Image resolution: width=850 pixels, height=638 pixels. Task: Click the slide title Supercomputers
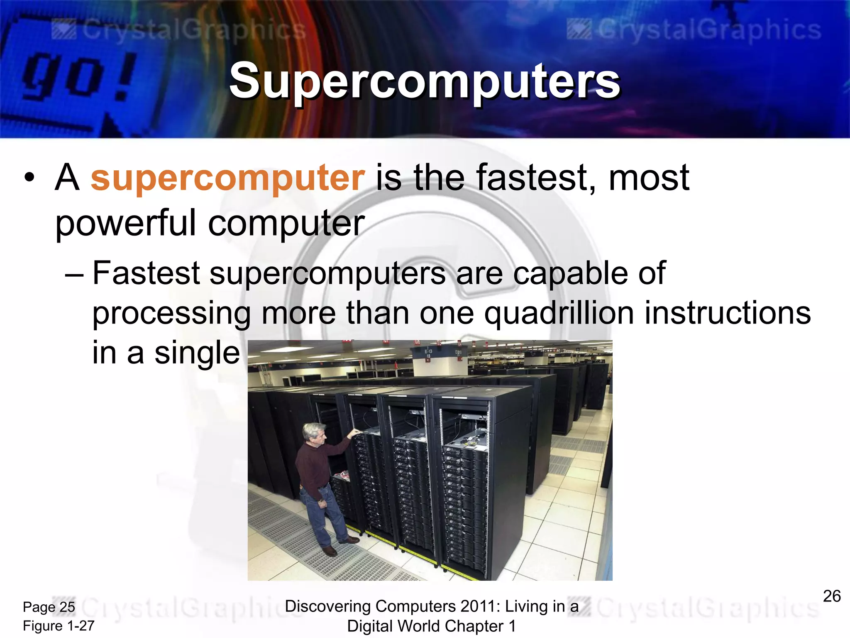tap(424, 81)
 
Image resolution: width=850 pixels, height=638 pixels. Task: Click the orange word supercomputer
tap(227, 178)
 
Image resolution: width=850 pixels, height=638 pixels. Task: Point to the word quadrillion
tap(559, 313)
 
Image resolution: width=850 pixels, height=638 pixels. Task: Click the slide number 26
tap(831, 596)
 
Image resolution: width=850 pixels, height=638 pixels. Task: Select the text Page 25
tap(49, 607)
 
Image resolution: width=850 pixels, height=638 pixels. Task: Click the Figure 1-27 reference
tap(59, 626)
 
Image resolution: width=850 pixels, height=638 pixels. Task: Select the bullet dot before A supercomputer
tap(29, 178)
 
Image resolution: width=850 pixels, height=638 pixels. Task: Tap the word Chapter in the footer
tap(477, 626)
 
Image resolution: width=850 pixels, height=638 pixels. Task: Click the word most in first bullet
tap(649, 178)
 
